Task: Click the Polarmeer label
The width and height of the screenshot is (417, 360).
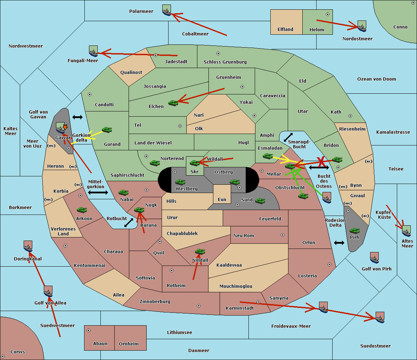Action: (141, 11)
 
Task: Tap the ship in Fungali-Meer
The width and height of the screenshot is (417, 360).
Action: (93, 51)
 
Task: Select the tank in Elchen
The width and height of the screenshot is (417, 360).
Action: (173, 103)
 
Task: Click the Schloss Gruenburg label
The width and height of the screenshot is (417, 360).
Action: (225, 62)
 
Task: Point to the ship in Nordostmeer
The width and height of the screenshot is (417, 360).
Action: (362, 26)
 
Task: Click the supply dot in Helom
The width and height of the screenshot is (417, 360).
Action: (327, 14)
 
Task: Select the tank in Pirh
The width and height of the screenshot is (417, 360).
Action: (354, 231)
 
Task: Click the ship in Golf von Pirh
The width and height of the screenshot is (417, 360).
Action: (374, 258)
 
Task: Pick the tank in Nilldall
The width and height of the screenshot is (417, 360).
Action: (200, 252)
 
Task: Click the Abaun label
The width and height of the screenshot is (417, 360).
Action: (100, 344)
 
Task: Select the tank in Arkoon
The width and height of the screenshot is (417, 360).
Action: (82, 210)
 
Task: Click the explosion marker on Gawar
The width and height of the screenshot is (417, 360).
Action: (65, 127)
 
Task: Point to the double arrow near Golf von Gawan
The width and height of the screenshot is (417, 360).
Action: (77, 117)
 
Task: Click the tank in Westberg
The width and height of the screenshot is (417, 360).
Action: (180, 182)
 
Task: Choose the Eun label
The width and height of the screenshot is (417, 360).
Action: (222, 200)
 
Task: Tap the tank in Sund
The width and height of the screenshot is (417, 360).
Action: (260, 201)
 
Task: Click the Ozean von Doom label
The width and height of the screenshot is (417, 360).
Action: (376, 79)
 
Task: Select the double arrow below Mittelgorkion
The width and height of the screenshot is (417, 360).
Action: (98, 192)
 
